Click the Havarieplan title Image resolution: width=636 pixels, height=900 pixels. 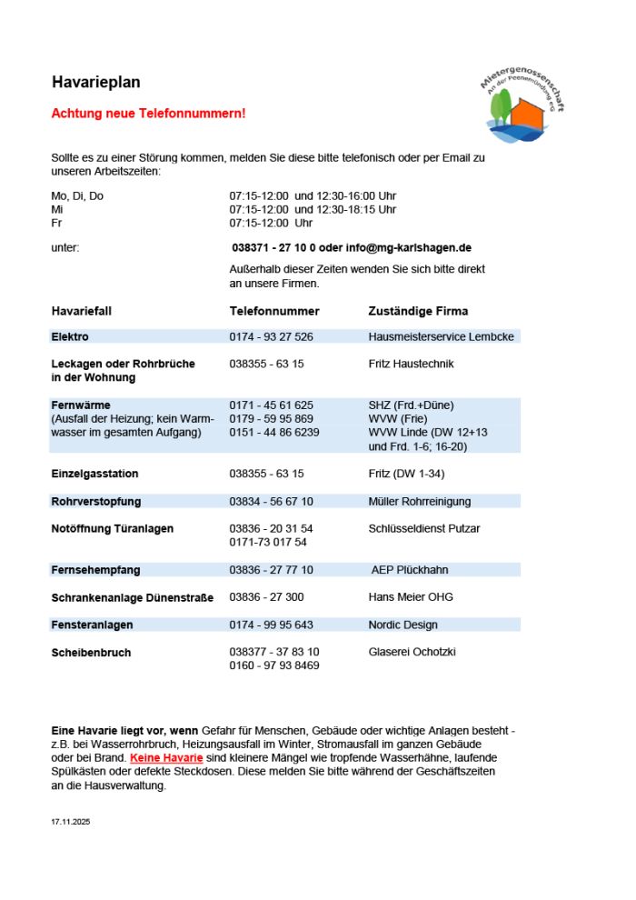(x=95, y=83)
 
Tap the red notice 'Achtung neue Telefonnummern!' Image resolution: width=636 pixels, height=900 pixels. (x=148, y=114)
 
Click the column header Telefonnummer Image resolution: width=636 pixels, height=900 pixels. (x=274, y=311)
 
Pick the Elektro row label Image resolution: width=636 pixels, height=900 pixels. (x=70, y=336)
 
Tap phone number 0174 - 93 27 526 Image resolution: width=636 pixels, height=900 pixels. (x=271, y=336)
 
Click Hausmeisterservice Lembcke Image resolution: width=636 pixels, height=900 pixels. (x=441, y=336)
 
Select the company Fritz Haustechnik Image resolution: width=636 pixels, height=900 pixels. (x=411, y=364)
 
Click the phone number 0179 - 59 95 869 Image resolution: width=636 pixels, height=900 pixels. (x=271, y=419)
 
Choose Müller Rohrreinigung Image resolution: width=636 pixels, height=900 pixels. (x=421, y=501)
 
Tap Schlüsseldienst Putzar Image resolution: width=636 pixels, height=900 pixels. (x=424, y=528)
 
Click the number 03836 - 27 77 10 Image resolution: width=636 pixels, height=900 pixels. (x=271, y=570)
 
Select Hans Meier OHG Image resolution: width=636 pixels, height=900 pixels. (x=411, y=597)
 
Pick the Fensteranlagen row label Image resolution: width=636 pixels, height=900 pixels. (x=92, y=625)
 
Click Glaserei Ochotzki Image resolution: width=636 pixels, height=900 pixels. (x=412, y=652)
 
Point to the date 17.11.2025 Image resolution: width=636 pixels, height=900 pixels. (x=71, y=822)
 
